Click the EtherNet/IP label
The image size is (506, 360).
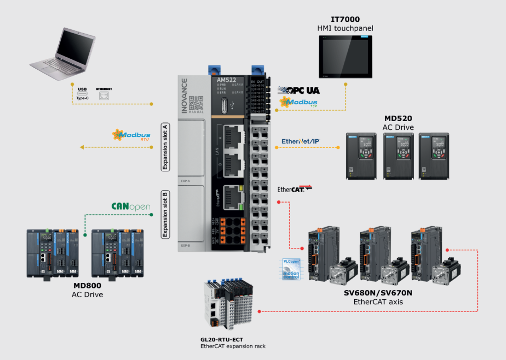[x=300, y=141]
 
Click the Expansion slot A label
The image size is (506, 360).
[x=166, y=147]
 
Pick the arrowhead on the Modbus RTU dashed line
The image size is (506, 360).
[x=82, y=147]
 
